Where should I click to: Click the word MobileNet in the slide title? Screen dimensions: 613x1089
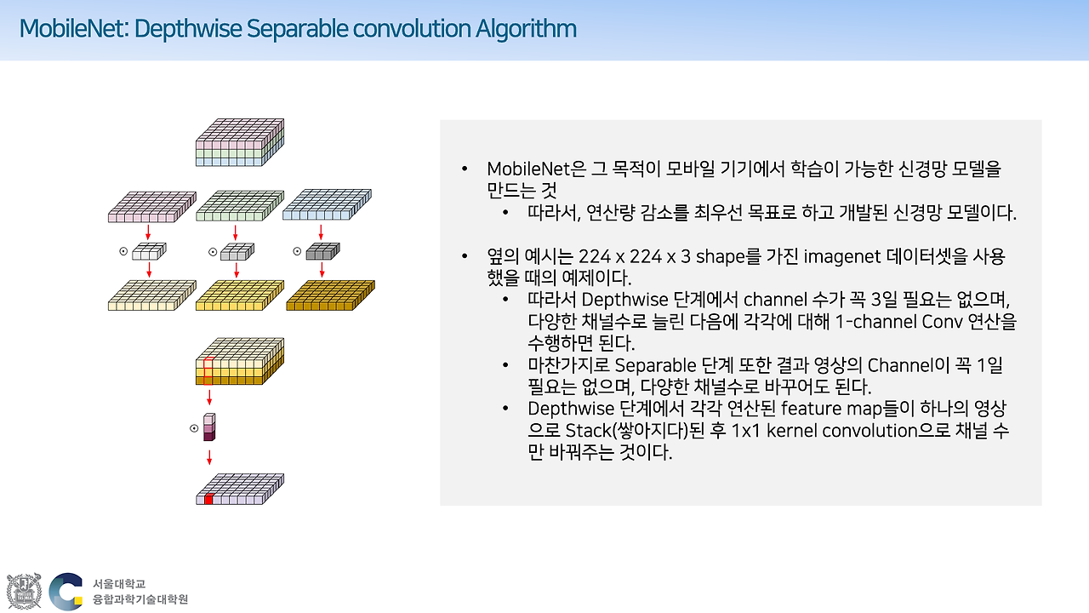72,30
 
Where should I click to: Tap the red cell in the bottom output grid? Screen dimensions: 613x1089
208,499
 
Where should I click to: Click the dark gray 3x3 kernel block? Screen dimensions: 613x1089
322,251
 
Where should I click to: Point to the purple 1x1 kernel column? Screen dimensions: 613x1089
209,426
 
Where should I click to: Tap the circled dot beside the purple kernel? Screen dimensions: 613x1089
194,428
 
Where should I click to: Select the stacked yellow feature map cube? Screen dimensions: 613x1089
239,362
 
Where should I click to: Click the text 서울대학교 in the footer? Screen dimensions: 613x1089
119,584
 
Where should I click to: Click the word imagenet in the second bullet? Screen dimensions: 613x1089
838,256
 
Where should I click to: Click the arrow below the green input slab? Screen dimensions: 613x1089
236,232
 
